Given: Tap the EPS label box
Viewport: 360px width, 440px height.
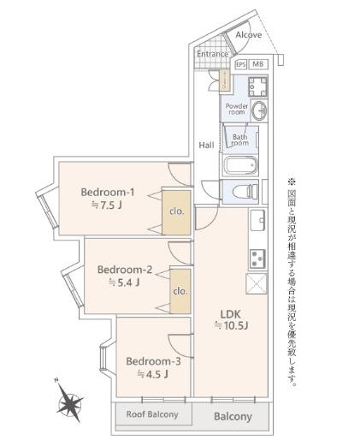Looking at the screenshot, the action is [241, 64].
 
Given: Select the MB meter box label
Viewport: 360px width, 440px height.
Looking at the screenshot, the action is [258, 64].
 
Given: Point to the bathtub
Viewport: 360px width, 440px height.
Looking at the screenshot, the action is [241, 165].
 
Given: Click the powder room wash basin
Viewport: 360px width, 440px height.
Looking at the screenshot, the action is [259, 110].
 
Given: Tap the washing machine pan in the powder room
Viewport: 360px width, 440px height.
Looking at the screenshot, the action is [257, 86].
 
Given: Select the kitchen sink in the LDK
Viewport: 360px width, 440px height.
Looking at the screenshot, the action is [257, 220].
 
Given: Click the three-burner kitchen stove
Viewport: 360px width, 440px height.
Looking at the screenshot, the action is [257, 259].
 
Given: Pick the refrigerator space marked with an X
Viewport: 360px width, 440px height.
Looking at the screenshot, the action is [257, 283].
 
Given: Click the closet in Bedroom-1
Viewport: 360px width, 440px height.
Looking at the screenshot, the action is [176, 212].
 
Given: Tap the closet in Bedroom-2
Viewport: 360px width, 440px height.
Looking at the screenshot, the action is [180, 291].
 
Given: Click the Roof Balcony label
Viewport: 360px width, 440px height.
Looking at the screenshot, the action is [152, 414].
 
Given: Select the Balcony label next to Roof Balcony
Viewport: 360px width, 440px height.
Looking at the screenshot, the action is [233, 417].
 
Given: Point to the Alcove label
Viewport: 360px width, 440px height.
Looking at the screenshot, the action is [249, 35].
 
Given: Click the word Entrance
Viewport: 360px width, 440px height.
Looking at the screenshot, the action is [213, 54].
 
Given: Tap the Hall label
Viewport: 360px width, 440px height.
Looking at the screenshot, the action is [206, 145].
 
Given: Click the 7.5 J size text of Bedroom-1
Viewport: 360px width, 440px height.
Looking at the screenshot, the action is [107, 205].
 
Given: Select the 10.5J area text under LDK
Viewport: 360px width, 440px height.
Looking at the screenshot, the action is [231, 325].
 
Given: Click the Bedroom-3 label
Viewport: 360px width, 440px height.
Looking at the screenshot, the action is [153, 361].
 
